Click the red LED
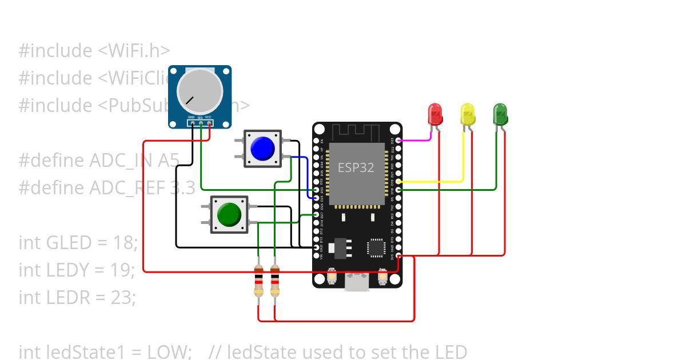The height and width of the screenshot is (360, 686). (x=435, y=114)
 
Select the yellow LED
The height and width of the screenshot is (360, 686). (x=468, y=114)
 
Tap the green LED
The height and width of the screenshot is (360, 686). (x=500, y=114)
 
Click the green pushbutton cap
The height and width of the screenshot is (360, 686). (x=229, y=214)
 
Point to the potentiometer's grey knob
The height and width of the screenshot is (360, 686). (x=200, y=91)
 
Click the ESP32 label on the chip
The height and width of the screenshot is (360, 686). (x=356, y=167)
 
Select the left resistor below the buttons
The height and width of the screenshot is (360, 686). (x=258, y=281)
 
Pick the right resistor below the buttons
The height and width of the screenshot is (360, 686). (x=275, y=281)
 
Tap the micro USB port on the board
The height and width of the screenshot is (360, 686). (x=357, y=282)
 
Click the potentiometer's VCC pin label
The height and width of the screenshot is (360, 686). (x=209, y=118)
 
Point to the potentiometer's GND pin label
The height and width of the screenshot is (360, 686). (x=192, y=118)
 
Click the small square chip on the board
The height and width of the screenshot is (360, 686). (x=376, y=247)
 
